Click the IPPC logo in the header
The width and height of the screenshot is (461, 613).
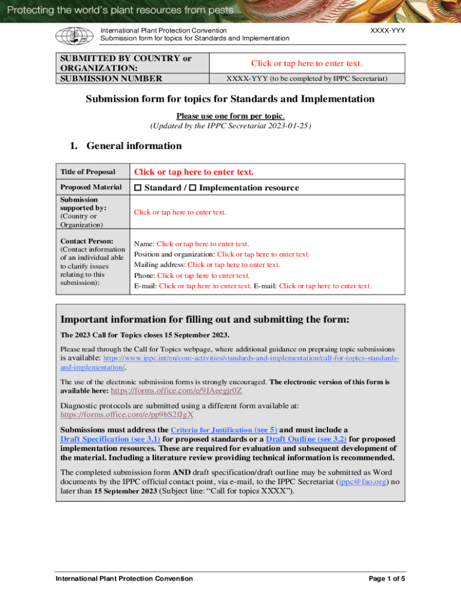pyautogui.click(x=71, y=35)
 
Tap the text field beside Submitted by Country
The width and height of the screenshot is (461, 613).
pyautogui.click(x=307, y=63)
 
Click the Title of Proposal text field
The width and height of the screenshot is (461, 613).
pyautogui.click(x=193, y=172)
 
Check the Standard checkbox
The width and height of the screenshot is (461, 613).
pyautogui.click(x=138, y=188)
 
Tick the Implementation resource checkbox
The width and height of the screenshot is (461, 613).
pyautogui.click(x=193, y=188)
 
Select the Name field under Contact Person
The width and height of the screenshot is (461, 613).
pyautogui.click(x=203, y=244)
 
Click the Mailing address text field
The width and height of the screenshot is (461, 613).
pyautogui.click(x=233, y=265)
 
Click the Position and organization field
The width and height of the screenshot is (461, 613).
pyautogui.click(x=263, y=254)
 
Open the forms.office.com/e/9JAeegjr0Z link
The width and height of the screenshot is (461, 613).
pyautogui.click(x=177, y=390)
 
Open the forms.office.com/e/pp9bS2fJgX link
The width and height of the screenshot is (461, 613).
pyautogui.click(x=127, y=414)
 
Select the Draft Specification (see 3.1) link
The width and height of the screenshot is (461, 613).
pyautogui.click(x=110, y=439)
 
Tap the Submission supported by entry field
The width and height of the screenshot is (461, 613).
pyautogui.click(x=180, y=212)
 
